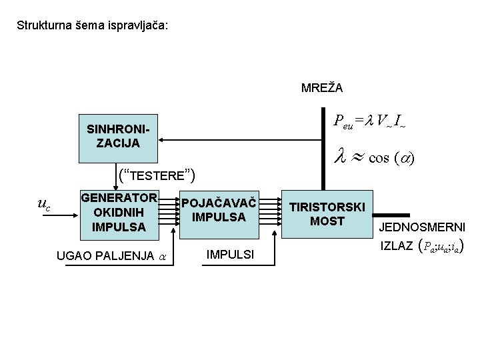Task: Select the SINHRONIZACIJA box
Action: point(118,136)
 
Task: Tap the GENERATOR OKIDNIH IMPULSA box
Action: point(118,212)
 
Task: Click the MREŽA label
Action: point(322,88)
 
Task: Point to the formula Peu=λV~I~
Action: point(369,121)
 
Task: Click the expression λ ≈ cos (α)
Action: point(373,158)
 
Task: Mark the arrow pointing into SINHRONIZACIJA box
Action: point(167,141)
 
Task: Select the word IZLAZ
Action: point(395,247)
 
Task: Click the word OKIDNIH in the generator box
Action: point(118,212)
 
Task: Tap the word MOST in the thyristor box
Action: point(327,221)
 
